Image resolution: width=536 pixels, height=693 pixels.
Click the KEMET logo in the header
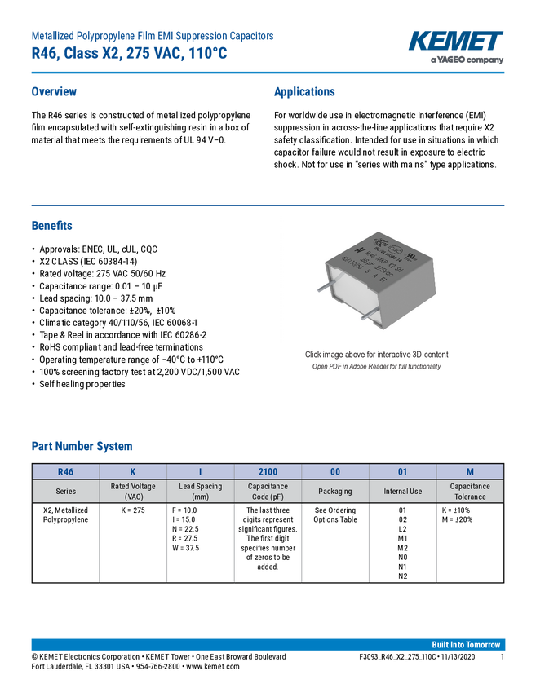[x=455, y=42]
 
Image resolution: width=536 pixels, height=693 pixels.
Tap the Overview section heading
[x=54, y=92]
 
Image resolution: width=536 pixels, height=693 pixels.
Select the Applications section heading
[x=303, y=92]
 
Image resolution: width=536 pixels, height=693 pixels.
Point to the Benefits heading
[x=52, y=226]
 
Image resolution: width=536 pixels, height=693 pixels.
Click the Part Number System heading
[x=82, y=446]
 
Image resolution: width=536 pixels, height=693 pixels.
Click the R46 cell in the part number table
[x=65, y=471]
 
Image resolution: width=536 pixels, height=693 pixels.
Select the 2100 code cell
[x=268, y=471]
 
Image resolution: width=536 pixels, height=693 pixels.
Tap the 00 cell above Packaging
[x=335, y=471]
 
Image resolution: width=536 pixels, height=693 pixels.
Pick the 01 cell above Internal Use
[x=402, y=471]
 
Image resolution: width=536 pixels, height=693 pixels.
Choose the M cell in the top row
[x=470, y=471]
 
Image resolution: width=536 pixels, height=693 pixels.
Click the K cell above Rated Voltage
[x=133, y=471]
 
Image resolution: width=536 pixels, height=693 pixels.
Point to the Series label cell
[x=65, y=492]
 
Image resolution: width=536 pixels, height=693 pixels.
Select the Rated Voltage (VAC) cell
[x=133, y=492]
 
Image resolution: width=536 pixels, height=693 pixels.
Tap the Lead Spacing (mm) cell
[x=200, y=492]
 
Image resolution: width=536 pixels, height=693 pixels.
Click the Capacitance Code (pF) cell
[x=268, y=492]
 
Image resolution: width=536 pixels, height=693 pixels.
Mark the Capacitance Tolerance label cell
[x=470, y=492]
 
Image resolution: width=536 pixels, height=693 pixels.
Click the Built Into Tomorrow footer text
[x=466, y=645]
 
